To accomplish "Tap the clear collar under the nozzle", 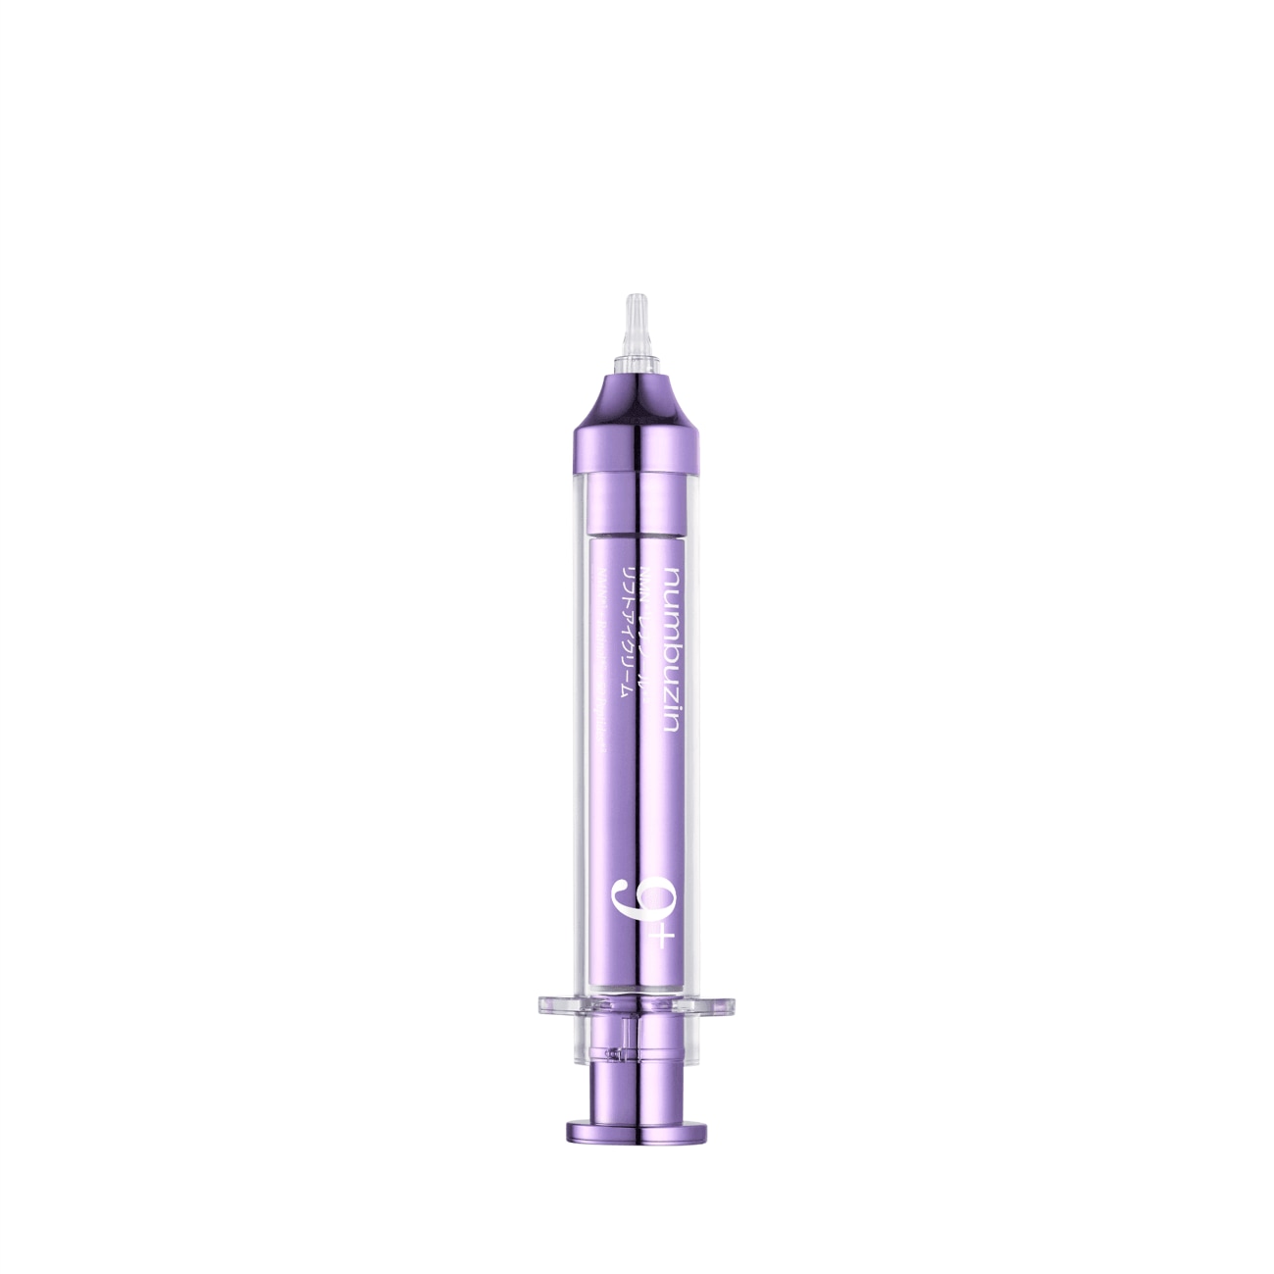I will tap(636, 364).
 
